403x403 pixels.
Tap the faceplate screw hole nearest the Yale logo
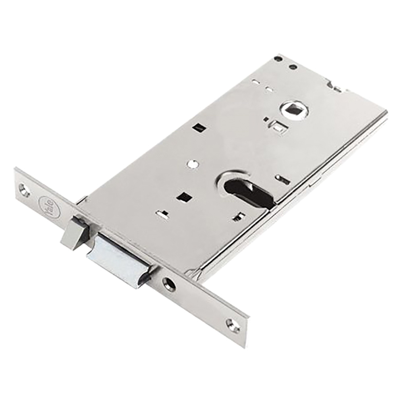coord(24,189)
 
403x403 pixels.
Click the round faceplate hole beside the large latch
coord(169,284)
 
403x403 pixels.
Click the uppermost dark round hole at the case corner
coord(278,59)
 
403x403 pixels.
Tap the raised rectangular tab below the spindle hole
coord(278,127)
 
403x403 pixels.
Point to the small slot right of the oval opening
coord(284,180)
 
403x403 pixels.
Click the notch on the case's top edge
coord(335,86)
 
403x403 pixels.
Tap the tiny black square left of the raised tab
coord(266,119)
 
